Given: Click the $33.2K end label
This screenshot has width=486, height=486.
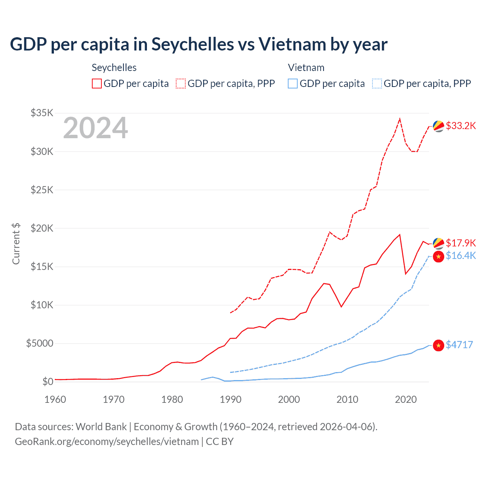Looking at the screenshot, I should (x=461, y=126).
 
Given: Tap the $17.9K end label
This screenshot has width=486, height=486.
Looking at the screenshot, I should (x=461, y=243).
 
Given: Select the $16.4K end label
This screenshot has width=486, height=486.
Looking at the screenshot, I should (x=461, y=256).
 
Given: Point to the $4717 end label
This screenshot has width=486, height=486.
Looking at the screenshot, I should (x=459, y=345).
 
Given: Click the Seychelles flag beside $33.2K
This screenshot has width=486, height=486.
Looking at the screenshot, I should (x=439, y=126).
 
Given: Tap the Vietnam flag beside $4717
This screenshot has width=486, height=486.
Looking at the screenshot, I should (x=439, y=345).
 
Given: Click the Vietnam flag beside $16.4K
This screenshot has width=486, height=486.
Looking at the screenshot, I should (x=439, y=256).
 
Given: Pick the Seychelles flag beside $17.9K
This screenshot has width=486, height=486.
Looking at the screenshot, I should (x=439, y=243).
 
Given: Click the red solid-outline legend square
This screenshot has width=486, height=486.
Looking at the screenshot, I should (x=97, y=84).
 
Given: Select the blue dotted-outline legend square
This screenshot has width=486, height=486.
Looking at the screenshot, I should (x=377, y=84).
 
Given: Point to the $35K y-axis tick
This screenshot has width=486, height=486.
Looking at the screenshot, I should (x=42, y=113).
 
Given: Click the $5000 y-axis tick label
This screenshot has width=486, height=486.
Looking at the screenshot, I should (x=39, y=344).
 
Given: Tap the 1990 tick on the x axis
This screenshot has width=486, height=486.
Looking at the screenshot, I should (x=230, y=399).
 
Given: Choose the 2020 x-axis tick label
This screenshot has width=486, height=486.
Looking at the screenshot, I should (x=406, y=399).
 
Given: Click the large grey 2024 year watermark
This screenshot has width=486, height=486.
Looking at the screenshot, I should (x=95, y=128).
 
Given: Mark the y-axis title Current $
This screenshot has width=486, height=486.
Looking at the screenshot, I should (x=16, y=244).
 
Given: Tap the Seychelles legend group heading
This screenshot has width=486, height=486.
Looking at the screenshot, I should (x=114, y=68).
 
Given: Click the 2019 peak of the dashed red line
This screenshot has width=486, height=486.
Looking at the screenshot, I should (x=400, y=119).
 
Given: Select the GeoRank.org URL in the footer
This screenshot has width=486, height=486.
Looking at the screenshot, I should (x=107, y=442).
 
